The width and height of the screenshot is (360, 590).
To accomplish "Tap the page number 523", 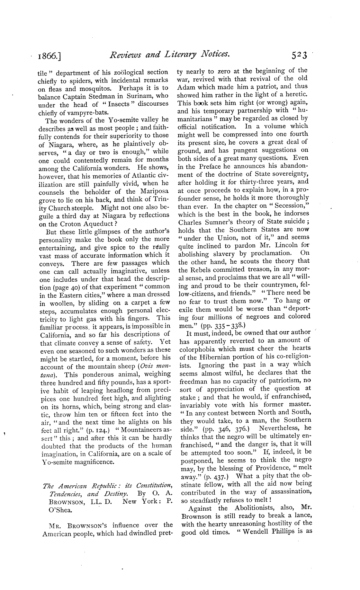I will coord(298,55).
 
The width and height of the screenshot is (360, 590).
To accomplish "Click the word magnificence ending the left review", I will coord(89,462).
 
